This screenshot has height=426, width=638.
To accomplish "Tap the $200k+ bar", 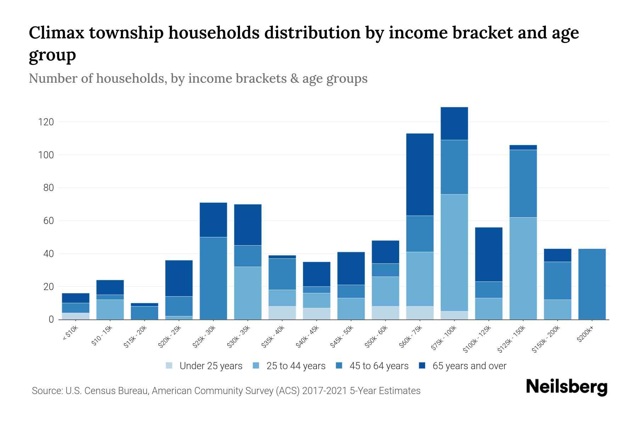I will tap(592, 284).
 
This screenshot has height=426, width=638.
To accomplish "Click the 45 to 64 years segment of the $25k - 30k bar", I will tap(213, 278).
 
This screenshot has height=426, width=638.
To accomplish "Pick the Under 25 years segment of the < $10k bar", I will tap(75, 316).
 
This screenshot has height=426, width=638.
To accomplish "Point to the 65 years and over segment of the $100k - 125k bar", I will tap(488, 255).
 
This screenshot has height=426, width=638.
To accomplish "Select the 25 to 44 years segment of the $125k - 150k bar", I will tap(523, 268).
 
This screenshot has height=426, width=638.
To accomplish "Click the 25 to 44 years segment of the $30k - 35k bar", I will tap(248, 293).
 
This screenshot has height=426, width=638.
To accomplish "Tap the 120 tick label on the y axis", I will tap(46, 122).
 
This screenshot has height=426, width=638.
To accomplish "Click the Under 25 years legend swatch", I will tap(169, 366).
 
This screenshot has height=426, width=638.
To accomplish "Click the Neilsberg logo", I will tap(566, 387).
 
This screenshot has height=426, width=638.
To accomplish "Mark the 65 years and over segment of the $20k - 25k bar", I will tap(179, 278).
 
